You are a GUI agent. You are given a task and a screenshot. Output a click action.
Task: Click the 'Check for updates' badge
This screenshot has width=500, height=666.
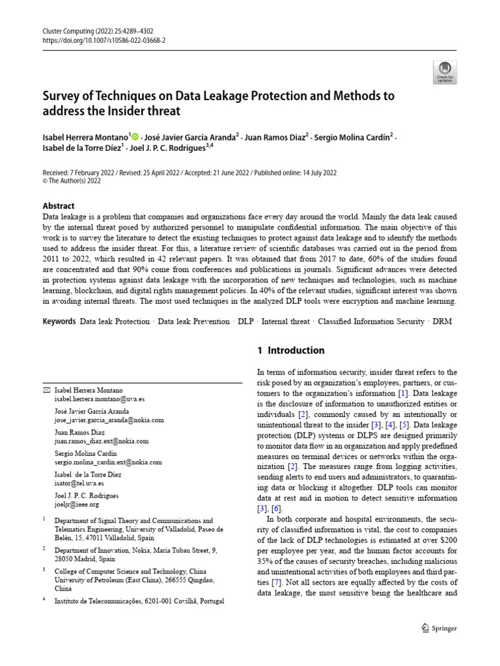(445, 72)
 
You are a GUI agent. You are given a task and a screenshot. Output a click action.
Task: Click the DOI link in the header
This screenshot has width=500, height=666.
(104, 40)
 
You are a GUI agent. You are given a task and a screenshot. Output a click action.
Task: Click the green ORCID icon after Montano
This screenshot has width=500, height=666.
(135, 136)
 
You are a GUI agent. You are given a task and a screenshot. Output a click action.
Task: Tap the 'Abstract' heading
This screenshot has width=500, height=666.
(59, 206)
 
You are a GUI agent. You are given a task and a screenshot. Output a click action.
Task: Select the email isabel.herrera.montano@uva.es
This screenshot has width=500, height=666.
(100, 399)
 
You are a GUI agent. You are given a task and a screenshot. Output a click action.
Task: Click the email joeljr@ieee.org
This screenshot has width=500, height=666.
(77, 504)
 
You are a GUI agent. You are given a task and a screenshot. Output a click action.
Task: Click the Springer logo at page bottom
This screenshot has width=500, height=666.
(439, 628)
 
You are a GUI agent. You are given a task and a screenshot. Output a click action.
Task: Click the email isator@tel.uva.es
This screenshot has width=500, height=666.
(79, 483)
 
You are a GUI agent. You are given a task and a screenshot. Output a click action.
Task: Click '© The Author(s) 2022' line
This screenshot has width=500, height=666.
(72, 181)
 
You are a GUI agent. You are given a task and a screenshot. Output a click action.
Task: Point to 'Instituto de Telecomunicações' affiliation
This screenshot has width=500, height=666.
(104, 602)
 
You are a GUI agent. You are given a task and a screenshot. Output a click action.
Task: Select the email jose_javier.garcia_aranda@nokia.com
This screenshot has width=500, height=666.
(109, 420)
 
